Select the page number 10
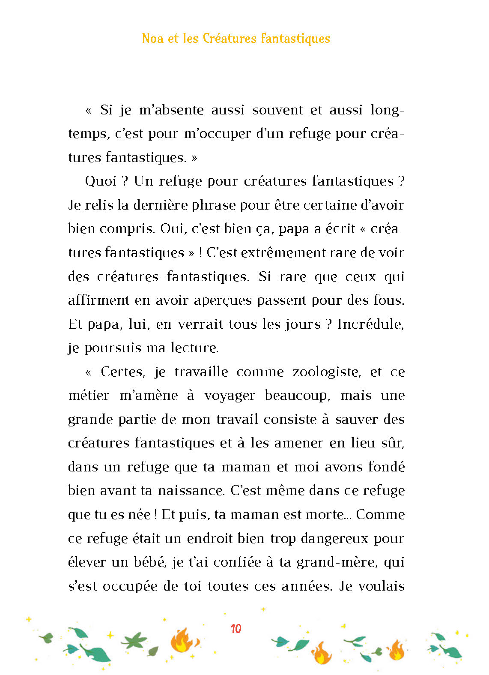pyautogui.click(x=236, y=629)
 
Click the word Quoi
pyautogui.click(x=101, y=181)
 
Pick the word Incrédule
pyautogui.click(x=370, y=324)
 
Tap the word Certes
pyautogui.click(x=123, y=372)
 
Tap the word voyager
pyautogui.click(x=230, y=396)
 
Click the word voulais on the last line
pyautogui.click(x=381, y=586)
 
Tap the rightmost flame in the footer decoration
pyautogui.click(x=397, y=650)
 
